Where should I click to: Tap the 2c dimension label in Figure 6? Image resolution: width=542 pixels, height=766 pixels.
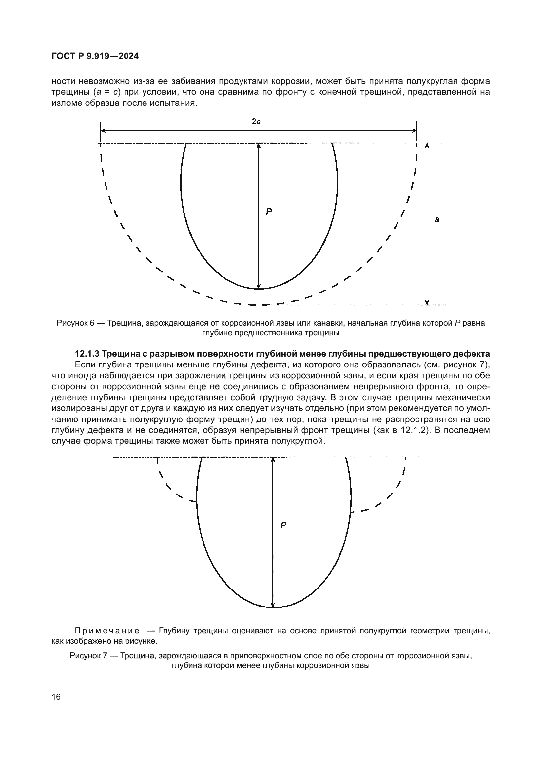(256, 122)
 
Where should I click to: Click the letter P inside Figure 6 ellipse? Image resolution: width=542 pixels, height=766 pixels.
(269, 211)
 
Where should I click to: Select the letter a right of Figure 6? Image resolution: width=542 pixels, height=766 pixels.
(437, 219)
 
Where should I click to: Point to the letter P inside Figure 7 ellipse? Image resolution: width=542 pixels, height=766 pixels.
(283, 525)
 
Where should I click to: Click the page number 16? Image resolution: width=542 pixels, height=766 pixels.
(56, 697)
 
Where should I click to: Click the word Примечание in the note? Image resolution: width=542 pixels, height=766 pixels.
(107, 631)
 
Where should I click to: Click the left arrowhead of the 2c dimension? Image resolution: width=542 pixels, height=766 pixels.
(103, 131)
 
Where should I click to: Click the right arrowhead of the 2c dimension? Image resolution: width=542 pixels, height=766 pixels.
(415, 131)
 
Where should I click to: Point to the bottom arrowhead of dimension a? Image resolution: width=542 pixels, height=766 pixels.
(427, 302)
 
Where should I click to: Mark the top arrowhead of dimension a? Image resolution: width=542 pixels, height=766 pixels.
(427, 146)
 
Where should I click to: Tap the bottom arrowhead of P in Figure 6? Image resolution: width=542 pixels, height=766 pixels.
(258, 286)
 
